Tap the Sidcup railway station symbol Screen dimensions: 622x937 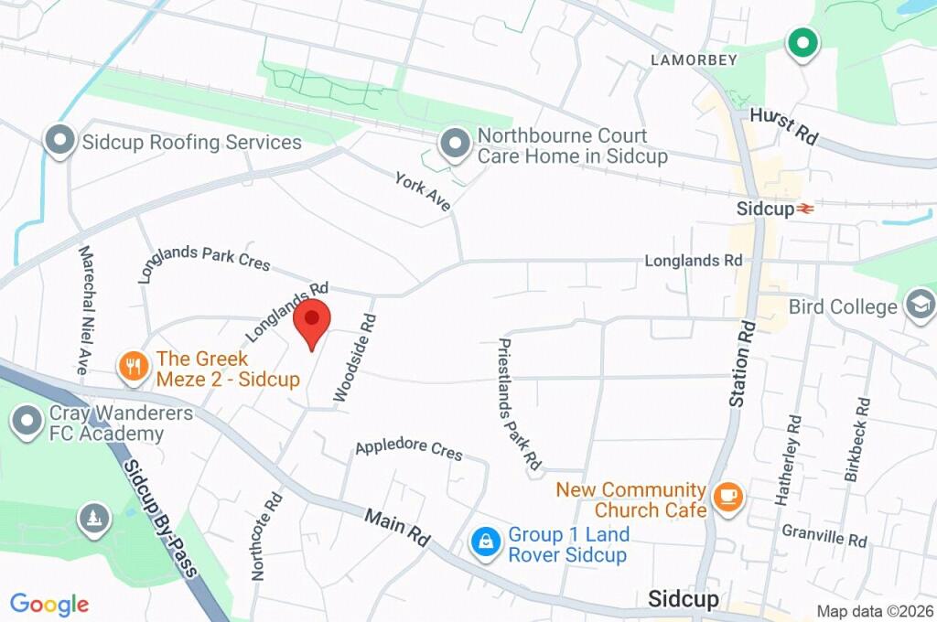point(805,209)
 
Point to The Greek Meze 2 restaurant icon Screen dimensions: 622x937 point(134,368)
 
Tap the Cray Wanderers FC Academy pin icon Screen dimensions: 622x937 point(28,423)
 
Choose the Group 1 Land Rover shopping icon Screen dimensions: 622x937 point(485,543)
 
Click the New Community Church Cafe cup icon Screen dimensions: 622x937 point(728,498)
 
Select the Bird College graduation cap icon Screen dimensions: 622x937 point(919,305)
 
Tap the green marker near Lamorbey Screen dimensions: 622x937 point(802,42)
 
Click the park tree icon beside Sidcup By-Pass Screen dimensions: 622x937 point(94,519)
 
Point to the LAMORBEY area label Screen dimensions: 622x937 point(693,60)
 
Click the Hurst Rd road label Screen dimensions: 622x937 point(783,126)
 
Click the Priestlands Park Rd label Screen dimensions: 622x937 point(519,404)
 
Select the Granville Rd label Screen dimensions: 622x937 point(824,535)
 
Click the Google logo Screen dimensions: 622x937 point(49,604)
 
